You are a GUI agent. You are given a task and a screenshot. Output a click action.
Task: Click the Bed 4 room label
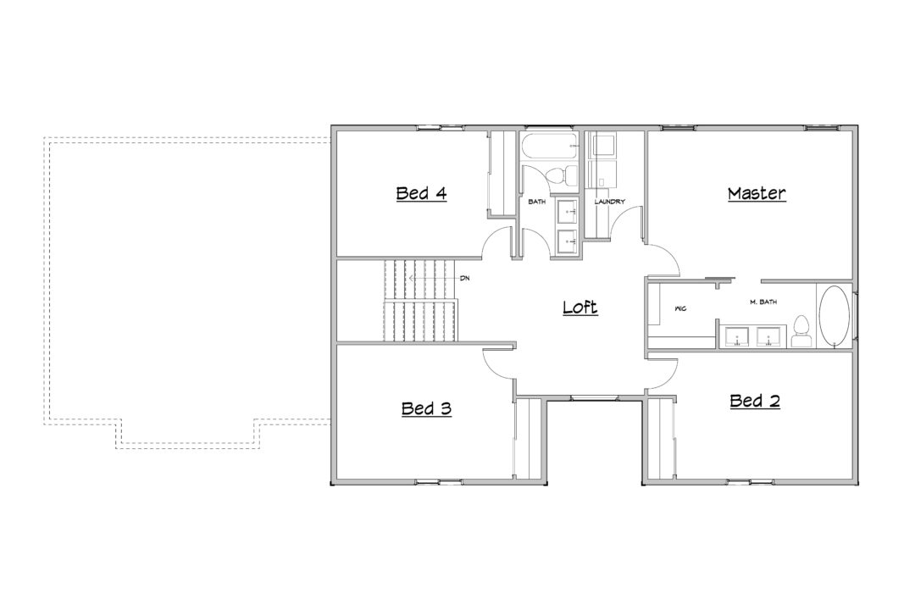[421, 193]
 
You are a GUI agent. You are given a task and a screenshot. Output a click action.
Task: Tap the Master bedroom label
[757, 193]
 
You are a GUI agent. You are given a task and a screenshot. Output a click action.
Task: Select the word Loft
[580, 307]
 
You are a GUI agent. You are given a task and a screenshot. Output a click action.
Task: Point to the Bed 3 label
[426, 408]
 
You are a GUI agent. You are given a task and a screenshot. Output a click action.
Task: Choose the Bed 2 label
[755, 401]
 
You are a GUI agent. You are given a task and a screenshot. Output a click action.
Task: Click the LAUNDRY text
[609, 202]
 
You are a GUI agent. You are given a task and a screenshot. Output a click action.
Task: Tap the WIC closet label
[679, 308]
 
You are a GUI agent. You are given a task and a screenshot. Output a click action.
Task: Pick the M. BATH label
[763, 302]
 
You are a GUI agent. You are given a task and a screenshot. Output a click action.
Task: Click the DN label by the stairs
[464, 279]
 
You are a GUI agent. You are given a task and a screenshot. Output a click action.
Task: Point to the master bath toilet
[801, 332]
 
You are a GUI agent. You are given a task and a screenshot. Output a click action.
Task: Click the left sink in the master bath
[737, 337]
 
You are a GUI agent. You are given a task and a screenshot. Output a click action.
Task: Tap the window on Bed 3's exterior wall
[438, 481]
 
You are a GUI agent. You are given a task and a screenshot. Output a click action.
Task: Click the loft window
[594, 398]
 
